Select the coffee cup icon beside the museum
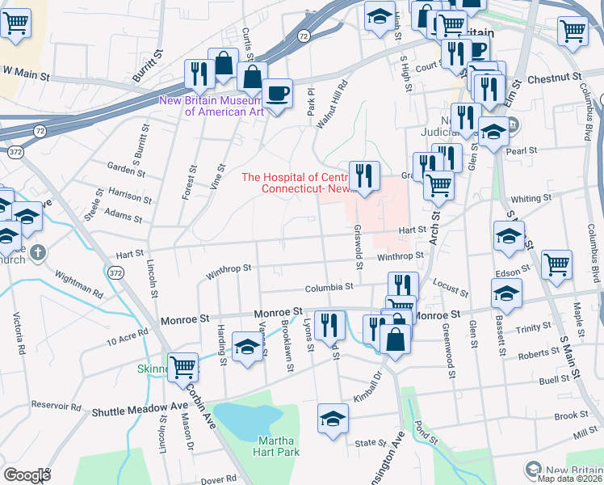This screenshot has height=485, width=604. (278, 95)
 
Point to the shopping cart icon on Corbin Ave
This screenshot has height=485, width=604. (183, 367)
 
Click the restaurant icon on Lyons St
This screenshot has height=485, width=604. (329, 325)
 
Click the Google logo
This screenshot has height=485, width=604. (27, 474)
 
